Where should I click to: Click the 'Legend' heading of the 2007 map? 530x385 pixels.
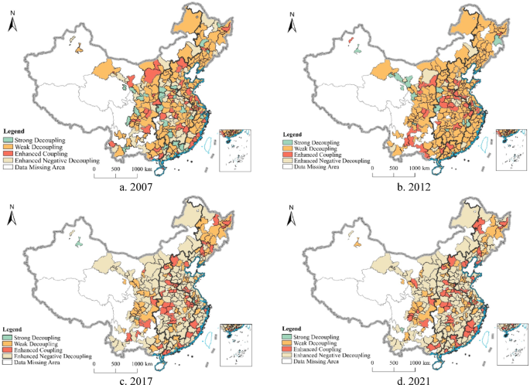tap(15, 132)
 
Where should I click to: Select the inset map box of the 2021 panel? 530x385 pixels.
tap(509, 343)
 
